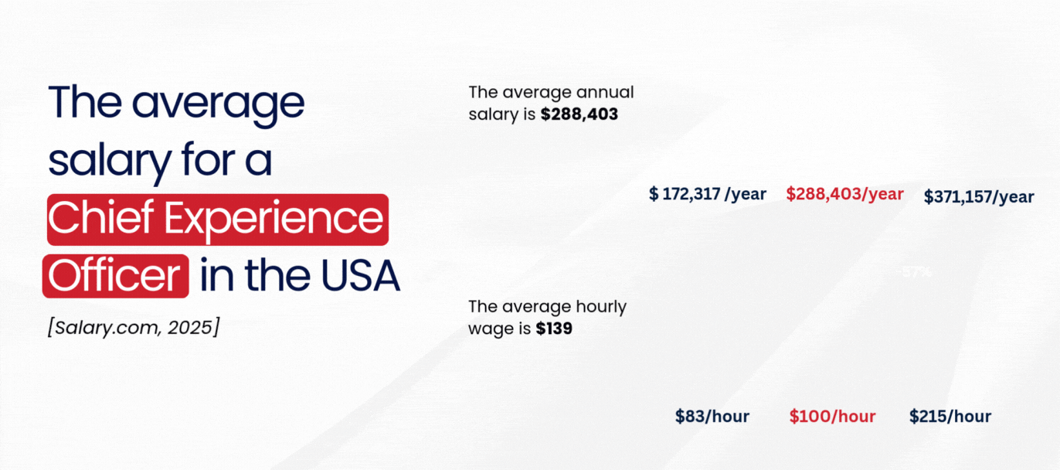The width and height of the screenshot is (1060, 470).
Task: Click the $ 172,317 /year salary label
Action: pos(707,194)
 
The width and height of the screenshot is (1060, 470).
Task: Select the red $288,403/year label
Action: pos(844,194)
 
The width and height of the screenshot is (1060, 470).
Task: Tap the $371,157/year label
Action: pos(978,197)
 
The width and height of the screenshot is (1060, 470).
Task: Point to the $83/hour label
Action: pos(712,417)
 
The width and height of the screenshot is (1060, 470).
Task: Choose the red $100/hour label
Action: pos(832,417)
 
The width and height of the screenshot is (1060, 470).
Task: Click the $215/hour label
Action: pos(950,417)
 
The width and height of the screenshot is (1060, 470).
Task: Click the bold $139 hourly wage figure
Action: pos(554,329)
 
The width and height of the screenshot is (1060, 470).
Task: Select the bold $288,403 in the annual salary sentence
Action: pos(579,114)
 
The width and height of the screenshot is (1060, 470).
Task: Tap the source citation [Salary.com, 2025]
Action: pos(133,327)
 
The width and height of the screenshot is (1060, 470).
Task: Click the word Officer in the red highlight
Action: pos(115,276)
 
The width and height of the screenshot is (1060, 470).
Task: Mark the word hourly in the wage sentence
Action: pos(600,306)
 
